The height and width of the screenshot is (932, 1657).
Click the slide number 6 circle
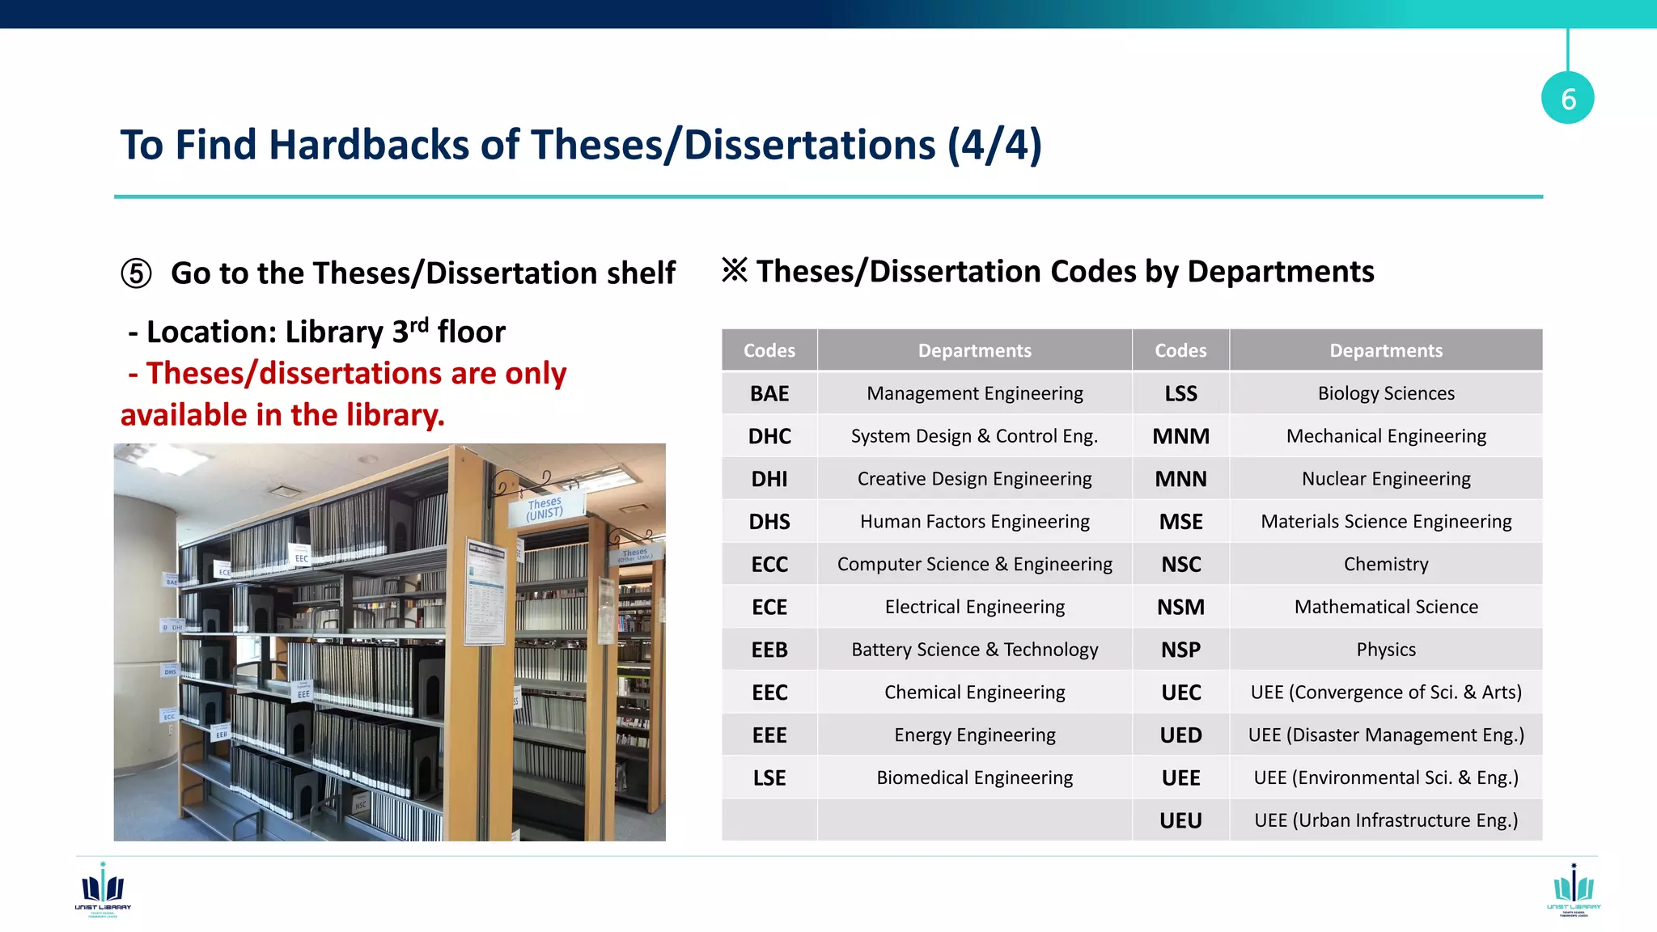[1567, 98]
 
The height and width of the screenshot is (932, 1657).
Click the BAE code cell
[769, 393]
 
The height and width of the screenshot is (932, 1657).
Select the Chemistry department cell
[1385, 564]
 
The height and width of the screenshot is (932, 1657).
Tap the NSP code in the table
[1180, 650]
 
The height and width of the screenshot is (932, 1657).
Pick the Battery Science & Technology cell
[974, 650]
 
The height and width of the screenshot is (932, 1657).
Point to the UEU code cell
[1180, 820]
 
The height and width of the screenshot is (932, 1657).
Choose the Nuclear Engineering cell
[1385, 479]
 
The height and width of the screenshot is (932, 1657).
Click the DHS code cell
[769, 522]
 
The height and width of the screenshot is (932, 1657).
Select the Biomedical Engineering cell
[974, 777]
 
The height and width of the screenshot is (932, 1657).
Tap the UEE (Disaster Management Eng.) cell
[1385, 735]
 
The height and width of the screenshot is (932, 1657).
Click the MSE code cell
[1180, 522]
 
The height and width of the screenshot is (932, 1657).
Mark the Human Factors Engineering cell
[974, 522]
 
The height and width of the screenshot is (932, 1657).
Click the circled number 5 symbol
[136, 273]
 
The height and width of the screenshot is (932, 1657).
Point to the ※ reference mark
[735, 270]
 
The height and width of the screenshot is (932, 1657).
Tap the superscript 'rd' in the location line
[418, 325]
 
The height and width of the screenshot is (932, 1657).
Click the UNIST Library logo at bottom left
[103, 889]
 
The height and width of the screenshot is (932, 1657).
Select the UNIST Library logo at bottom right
[1573, 889]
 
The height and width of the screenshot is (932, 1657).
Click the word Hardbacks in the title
[368, 145]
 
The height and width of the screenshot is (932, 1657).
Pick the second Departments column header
[1385, 350]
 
